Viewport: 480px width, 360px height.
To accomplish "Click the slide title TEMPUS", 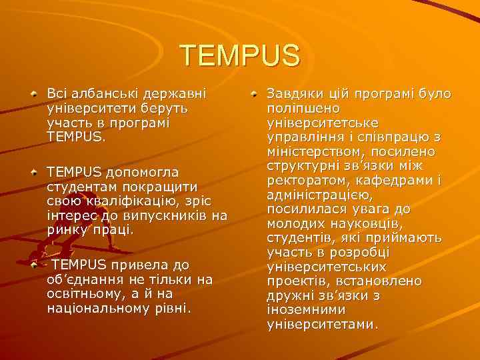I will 240,55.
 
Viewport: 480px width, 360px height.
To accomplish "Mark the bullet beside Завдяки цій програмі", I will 255,94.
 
